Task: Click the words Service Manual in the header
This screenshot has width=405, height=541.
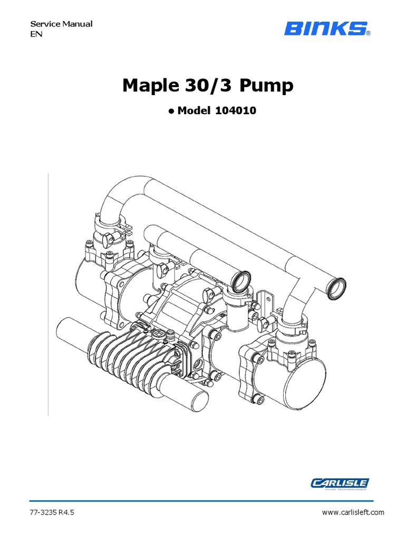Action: [61, 24]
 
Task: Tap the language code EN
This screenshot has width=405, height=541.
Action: [35, 34]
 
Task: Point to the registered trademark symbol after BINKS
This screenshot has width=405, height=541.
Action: [368, 33]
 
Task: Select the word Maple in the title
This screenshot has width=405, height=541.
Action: [148, 86]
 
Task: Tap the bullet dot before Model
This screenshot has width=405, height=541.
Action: [171, 111]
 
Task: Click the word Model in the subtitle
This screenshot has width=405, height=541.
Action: [195, 111]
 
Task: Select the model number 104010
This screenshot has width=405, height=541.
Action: [236, 111]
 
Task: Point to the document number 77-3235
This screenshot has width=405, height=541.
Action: [43, 512]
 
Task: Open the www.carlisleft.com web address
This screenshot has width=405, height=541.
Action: [353, 512]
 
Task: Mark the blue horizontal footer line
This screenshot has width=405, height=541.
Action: [202, 500]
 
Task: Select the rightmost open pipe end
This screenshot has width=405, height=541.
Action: [336, 286]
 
